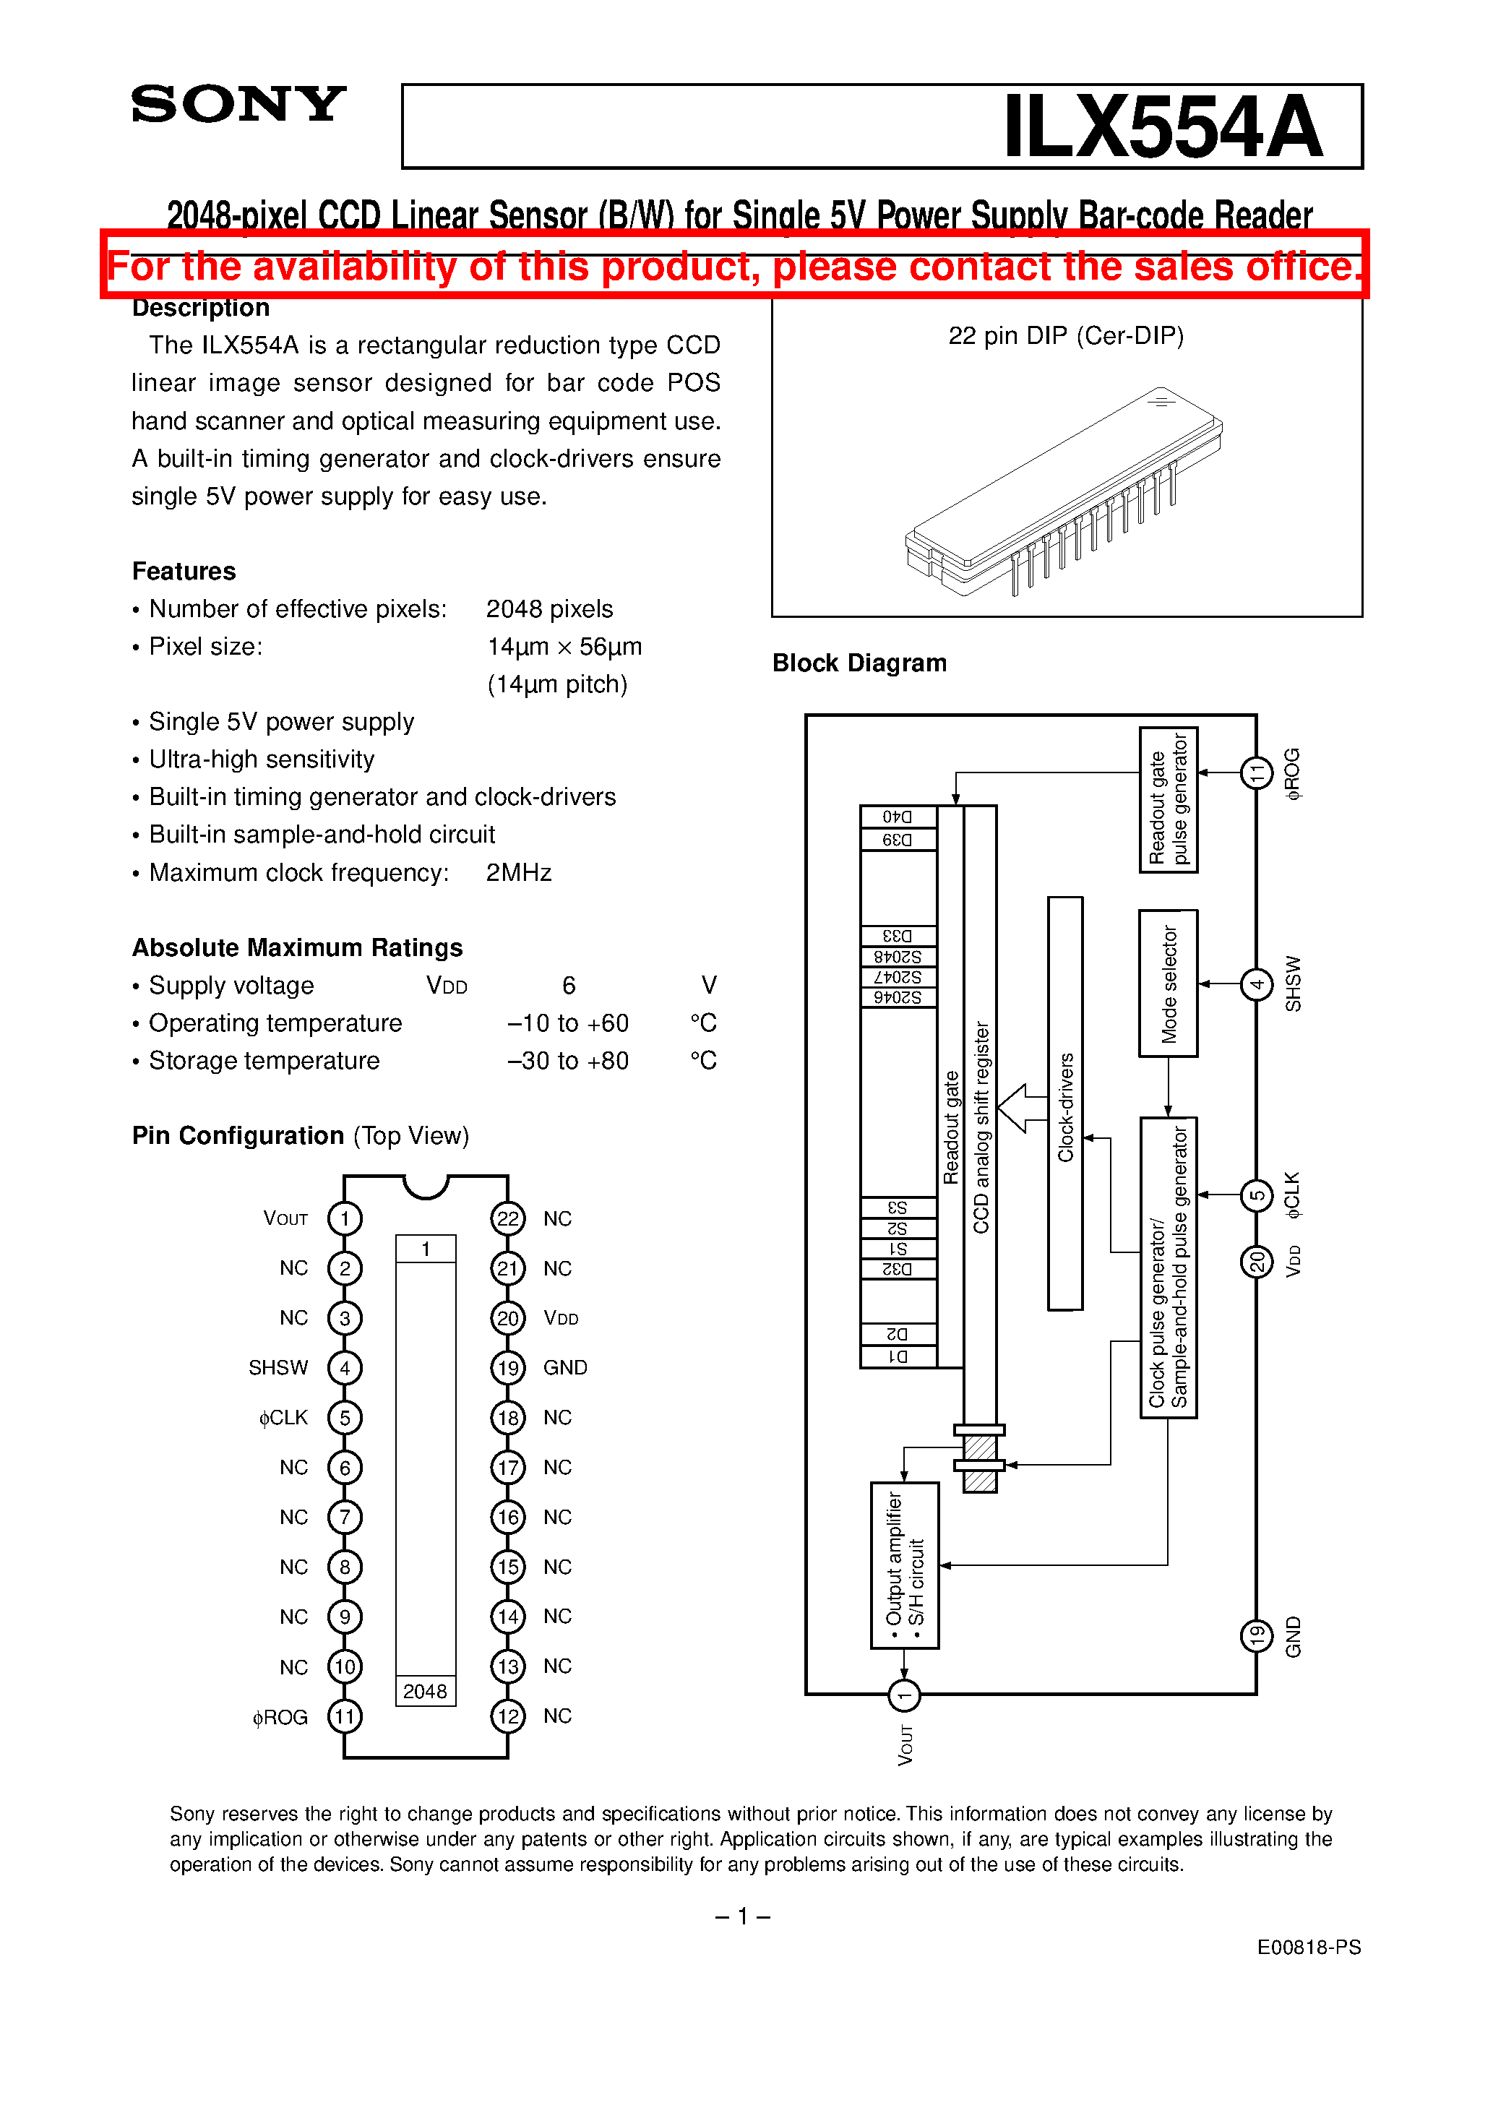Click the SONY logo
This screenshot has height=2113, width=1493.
(x=238, y=104)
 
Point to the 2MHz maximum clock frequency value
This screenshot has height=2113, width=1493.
(x=518, y=872)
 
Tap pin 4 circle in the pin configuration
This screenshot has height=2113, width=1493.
(x=344, y=1367)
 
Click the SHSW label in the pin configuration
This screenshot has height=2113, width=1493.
(x=278, y=1367)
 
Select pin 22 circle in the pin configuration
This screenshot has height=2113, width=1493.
(x=507, y=1218)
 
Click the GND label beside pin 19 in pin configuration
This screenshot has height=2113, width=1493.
(x=564, y=1367)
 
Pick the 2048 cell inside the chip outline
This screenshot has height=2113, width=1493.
(x=425, y=1692)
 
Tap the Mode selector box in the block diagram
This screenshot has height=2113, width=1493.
(x=1168, y=983)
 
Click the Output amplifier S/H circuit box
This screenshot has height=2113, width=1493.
(x=904, y=1565)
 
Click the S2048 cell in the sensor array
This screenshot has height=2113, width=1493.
(x=898, y=956)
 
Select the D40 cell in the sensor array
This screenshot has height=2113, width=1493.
(x=898, y=817)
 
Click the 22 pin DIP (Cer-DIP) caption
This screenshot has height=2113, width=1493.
(x=1066, y=336)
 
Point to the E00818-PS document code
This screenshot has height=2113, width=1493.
(x=1308, y=1948)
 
